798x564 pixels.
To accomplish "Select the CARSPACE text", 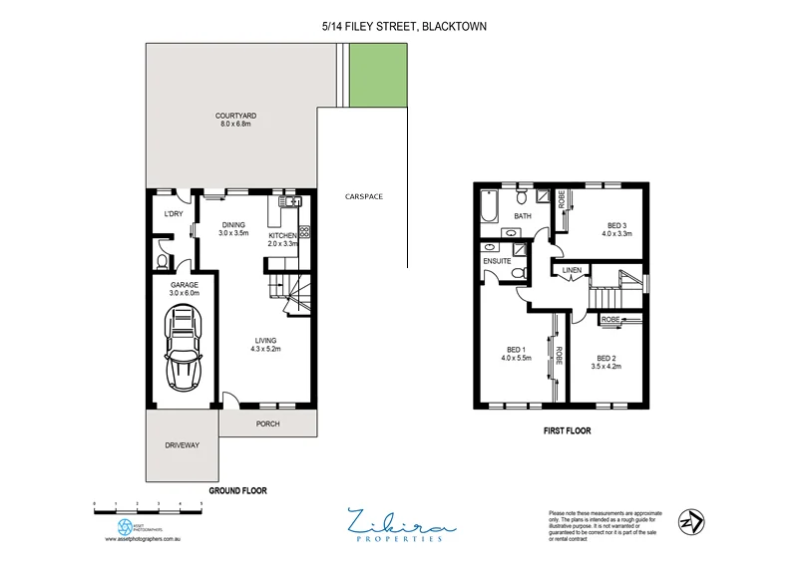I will [363, 196].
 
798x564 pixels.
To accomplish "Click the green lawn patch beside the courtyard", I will [379, 73].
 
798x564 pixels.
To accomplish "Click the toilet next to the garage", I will [163, 262].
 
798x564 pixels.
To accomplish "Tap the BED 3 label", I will [616, 225].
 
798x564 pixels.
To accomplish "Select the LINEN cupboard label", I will [572, 270].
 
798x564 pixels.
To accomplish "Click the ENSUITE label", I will [498, 261].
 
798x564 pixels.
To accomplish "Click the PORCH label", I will [267, 423].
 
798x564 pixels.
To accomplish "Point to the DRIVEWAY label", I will [183, 444].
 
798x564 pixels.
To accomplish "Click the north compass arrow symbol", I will [690, 521].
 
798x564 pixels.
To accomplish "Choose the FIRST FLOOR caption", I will [566, 431].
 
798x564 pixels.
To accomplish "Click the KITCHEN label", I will [283, 235].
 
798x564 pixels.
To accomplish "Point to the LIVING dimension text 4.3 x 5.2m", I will [264, 349].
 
